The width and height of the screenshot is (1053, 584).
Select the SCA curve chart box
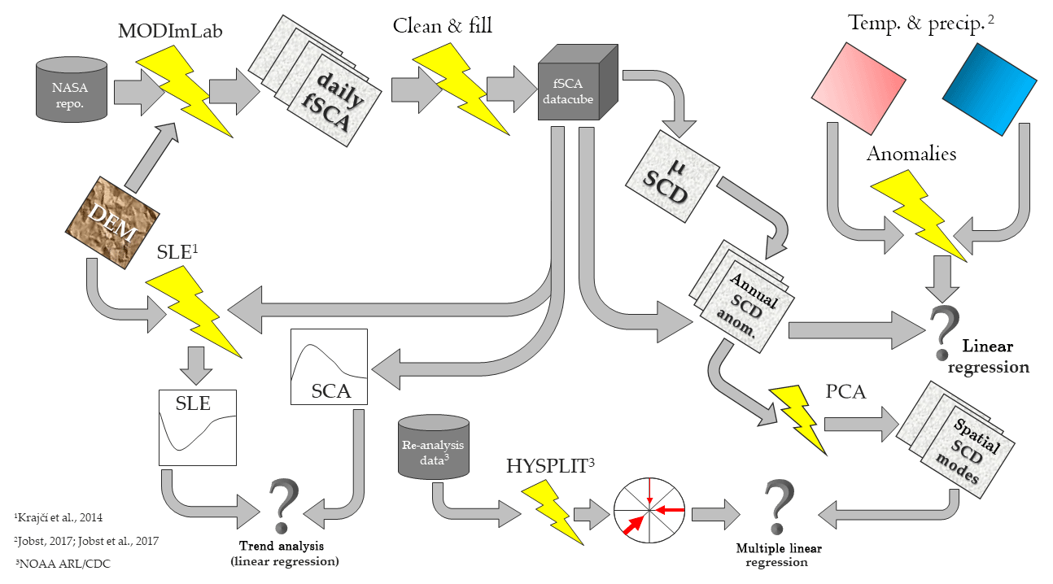[329, 366]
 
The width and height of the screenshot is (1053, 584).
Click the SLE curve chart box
[198, 427]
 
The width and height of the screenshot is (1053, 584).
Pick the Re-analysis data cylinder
[434, 447]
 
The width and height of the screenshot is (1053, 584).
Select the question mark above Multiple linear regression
[778, 506]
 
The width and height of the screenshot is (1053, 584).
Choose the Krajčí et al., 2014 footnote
[59, 517]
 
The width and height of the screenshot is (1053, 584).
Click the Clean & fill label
[443, 26]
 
